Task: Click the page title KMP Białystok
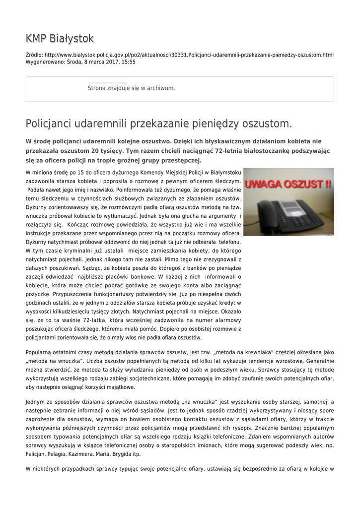coord(60,39)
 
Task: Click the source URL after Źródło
coord(189,55)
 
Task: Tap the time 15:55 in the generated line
coord(129,63)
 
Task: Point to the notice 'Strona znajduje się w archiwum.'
coord(131,88)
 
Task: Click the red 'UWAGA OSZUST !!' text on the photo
coord(288,185)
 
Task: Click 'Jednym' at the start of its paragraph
coord(35,401)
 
